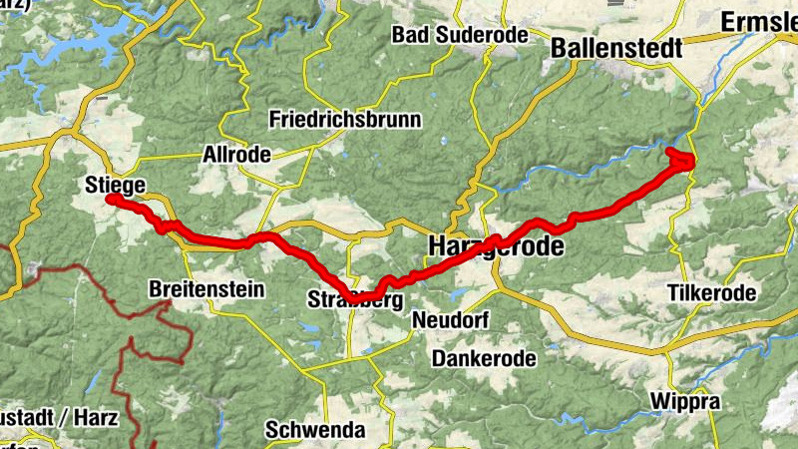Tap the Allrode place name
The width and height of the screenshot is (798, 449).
[x=230, y=155]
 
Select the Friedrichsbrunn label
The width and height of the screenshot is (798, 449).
[x=345, y=120]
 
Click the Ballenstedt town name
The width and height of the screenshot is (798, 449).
[x=615, y=47]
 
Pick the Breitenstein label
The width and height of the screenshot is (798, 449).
[x=205, y=289]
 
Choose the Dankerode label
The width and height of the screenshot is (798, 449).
[x=484, y=358]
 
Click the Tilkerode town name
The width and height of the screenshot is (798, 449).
[x=710, y=293]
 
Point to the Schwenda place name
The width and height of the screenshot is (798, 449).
[x=316, y=430]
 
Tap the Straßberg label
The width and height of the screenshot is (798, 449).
[x=355, y=299]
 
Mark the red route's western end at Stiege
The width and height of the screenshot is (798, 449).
[x=111, y=200]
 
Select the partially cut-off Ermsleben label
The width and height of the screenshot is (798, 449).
[x=759, y=21]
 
